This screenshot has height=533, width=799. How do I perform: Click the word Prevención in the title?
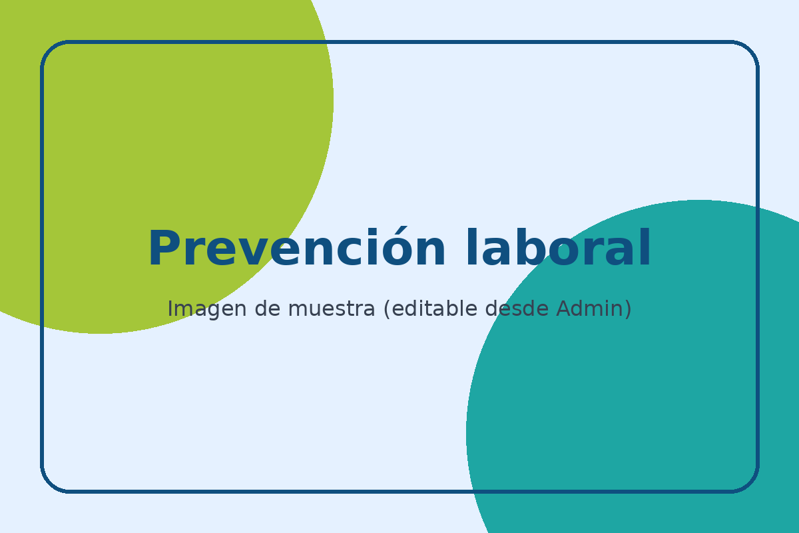tap(296, 250)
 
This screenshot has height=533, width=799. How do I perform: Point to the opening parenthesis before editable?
tap(387, 309)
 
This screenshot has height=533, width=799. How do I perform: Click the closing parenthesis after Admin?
tap(628, 309)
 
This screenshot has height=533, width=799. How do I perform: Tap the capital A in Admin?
tap(563, 309)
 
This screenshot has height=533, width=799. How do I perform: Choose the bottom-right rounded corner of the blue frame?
tap(750, 484)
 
